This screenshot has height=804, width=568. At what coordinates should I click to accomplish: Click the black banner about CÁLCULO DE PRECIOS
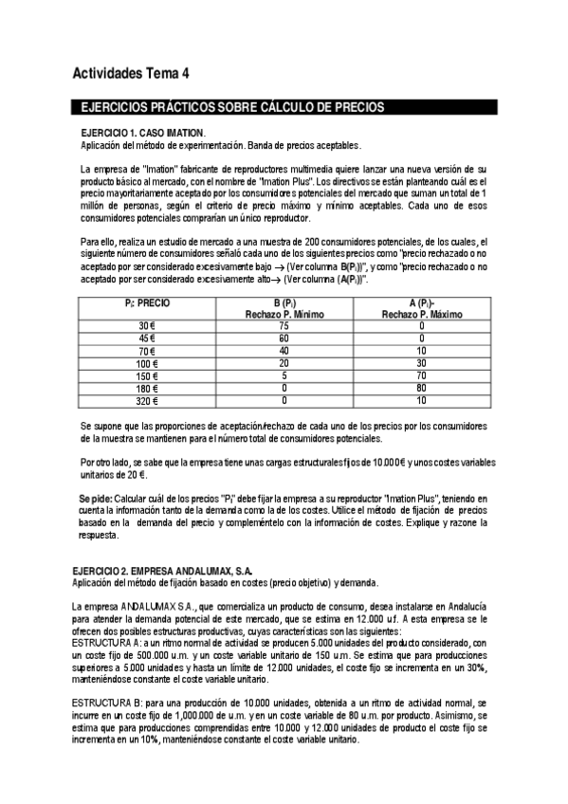232,108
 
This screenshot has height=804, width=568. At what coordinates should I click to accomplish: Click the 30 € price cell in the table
145,325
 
